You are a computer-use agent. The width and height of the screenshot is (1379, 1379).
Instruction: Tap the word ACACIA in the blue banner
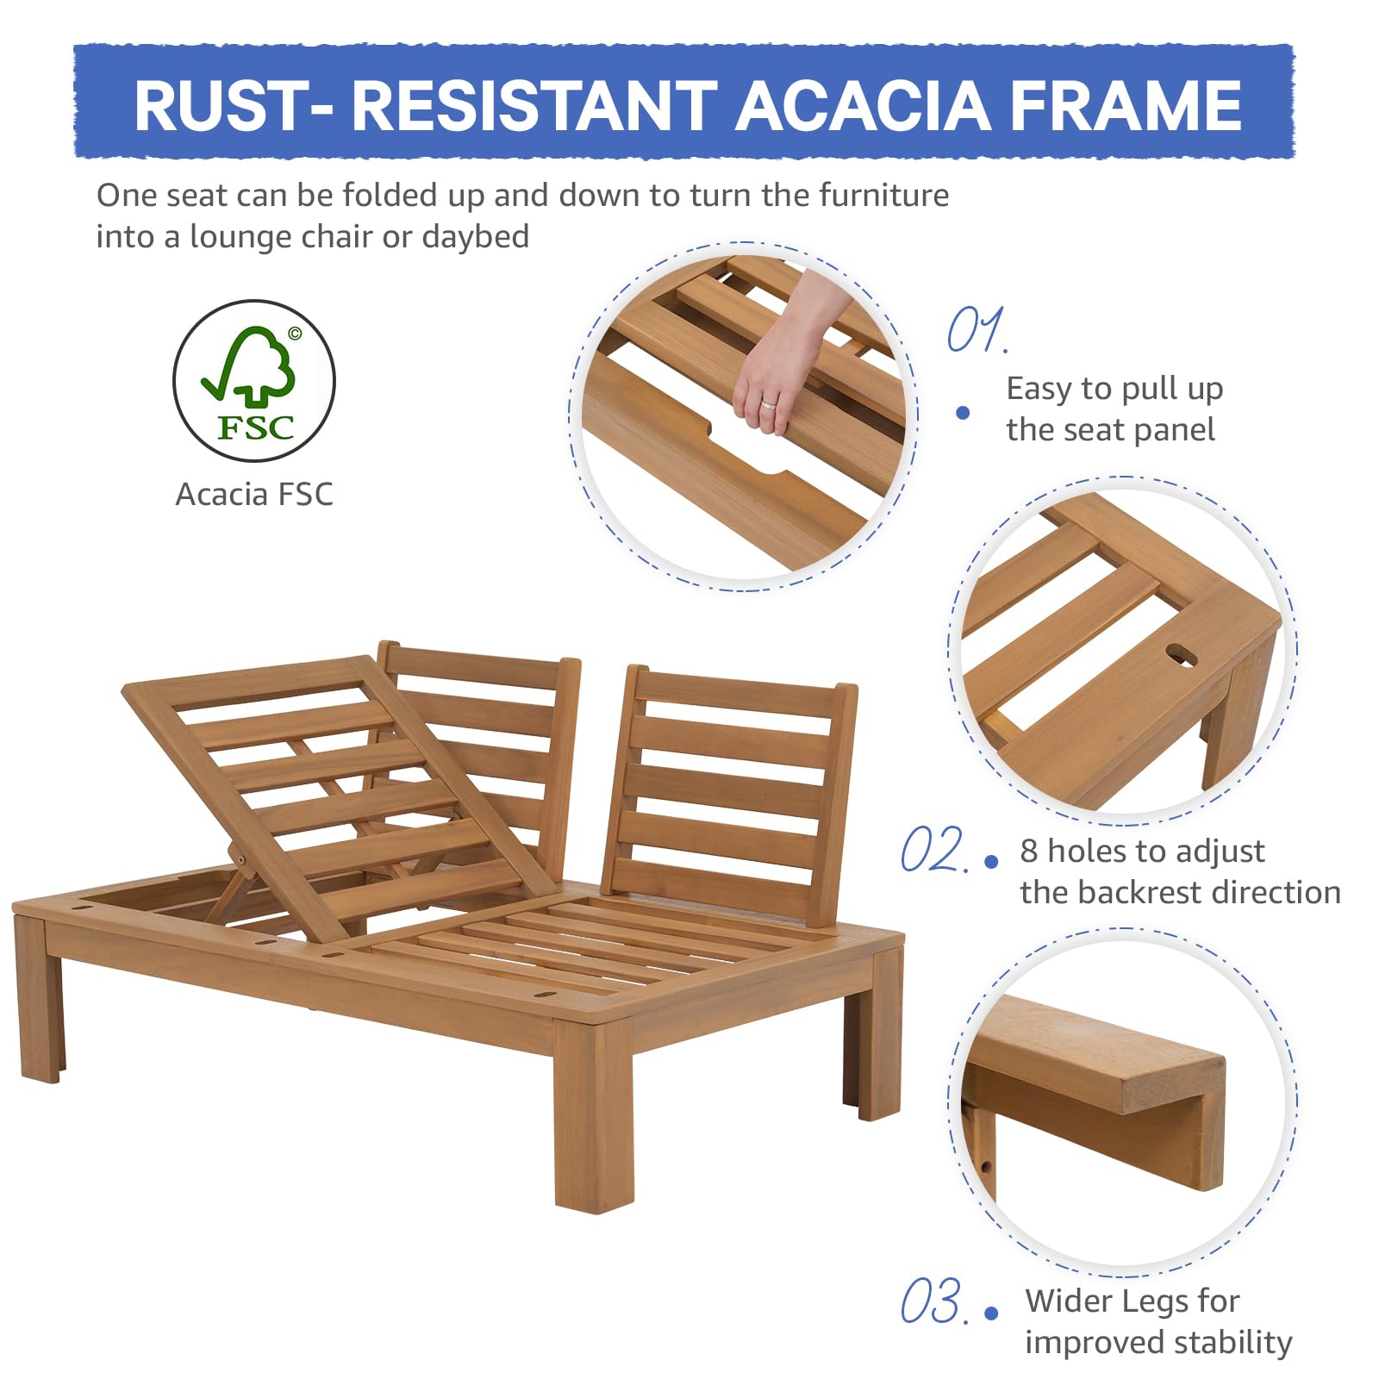click(863, 105)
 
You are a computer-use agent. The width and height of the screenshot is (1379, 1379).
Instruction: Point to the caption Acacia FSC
click(253, 495)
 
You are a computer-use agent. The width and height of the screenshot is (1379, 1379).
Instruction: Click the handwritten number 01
click(976, 330)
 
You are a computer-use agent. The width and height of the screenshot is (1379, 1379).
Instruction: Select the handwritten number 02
click(933, 850)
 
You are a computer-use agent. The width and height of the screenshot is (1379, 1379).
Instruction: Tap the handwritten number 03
click(933, 1301)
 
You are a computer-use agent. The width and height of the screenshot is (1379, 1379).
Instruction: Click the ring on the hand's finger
click(768, 403)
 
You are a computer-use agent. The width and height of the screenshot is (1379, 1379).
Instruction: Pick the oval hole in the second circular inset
click(1182, 656)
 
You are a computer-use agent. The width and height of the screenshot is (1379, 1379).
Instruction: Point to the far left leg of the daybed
click(40, 1000)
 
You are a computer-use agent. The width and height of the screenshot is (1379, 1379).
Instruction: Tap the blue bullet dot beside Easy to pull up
click(963, 413)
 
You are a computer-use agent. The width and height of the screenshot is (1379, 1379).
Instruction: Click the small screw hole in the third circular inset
click(986, 1168)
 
